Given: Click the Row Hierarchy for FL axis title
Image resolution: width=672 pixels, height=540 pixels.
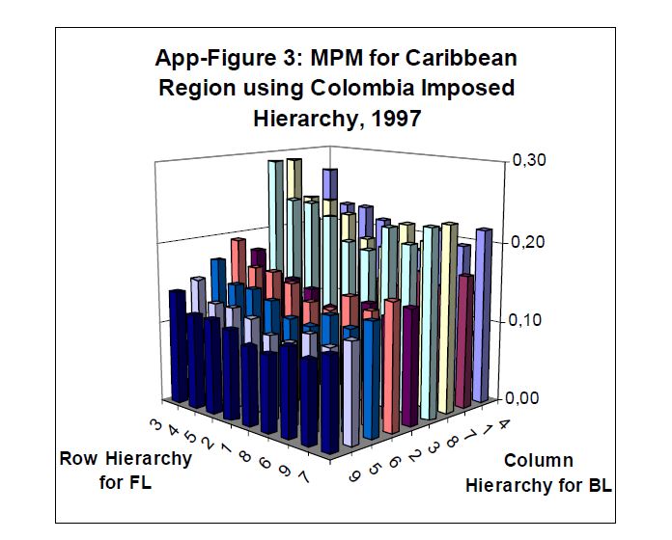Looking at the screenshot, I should point(125,469).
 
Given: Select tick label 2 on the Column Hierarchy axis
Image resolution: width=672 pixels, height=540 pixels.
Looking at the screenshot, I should point(415,449).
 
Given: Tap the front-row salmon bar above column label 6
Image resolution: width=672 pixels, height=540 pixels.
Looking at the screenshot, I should point(391,366).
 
